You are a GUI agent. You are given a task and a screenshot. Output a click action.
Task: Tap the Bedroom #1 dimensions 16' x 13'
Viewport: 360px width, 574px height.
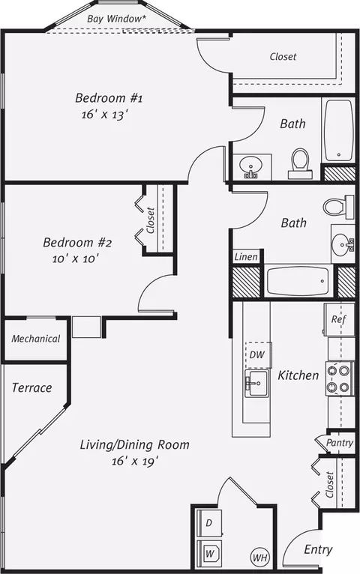105,115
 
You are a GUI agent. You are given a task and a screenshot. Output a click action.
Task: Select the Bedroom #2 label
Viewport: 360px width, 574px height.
77,242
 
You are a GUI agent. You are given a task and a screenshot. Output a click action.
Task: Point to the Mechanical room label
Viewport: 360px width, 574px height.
35,339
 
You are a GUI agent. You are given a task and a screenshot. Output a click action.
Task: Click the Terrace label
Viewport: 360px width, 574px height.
31,387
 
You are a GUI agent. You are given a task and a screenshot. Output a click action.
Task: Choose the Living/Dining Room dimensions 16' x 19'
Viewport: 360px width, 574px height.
135,461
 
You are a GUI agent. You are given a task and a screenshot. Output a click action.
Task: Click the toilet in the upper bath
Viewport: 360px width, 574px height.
300,163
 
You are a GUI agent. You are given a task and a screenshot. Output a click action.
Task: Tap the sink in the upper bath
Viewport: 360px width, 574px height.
250,166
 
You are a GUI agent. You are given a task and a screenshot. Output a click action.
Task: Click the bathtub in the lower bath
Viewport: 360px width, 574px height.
298,281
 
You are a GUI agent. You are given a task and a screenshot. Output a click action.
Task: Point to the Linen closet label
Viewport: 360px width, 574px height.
246,256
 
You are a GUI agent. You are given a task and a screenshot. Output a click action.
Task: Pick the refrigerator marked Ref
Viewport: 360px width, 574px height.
339,319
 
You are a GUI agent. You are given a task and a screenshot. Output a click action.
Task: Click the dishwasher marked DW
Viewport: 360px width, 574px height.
257,354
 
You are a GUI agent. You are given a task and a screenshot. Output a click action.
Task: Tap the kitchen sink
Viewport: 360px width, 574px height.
257,383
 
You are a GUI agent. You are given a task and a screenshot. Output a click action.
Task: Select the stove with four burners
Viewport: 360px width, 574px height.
340,378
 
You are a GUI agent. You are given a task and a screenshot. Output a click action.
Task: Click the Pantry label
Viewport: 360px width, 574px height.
340,443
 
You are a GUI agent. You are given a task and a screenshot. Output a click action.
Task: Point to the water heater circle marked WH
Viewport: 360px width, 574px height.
259,558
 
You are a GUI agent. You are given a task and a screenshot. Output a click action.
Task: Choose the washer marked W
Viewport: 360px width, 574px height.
209,553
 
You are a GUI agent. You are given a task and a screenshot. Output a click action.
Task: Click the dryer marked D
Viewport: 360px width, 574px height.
209,523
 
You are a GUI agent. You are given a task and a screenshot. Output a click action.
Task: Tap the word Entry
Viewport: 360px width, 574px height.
318,549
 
